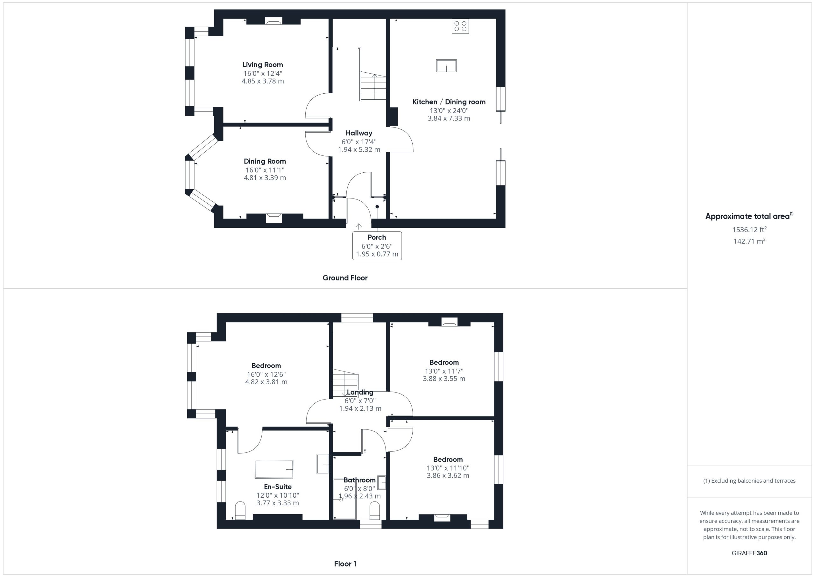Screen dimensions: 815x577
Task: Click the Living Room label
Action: pos(263,65)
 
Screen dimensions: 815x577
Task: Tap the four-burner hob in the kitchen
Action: pos(460,26)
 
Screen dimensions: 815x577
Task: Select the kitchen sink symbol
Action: pos(446,66)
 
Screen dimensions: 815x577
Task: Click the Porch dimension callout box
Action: pos(377,246)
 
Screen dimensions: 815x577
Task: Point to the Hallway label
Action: pos(359,133)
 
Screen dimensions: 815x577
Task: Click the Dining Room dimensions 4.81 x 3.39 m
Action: pos(265,178)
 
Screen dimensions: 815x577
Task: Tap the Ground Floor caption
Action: pos(345,278)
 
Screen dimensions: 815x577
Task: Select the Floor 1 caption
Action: pos(345,564)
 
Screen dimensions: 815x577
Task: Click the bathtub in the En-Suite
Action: pos(274,469)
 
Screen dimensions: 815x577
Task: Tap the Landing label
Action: pos(360,392)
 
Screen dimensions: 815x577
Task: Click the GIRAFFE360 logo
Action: pos(749,553)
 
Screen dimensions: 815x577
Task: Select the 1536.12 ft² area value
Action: pos(749,229)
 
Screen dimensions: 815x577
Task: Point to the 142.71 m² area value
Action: pos(749,241)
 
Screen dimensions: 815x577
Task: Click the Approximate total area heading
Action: pos(749,216)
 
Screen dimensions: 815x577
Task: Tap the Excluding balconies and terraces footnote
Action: pos(749,481)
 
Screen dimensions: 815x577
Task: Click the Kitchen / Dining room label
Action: pos(449,102)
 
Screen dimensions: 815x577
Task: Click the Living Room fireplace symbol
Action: pos(274,22)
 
